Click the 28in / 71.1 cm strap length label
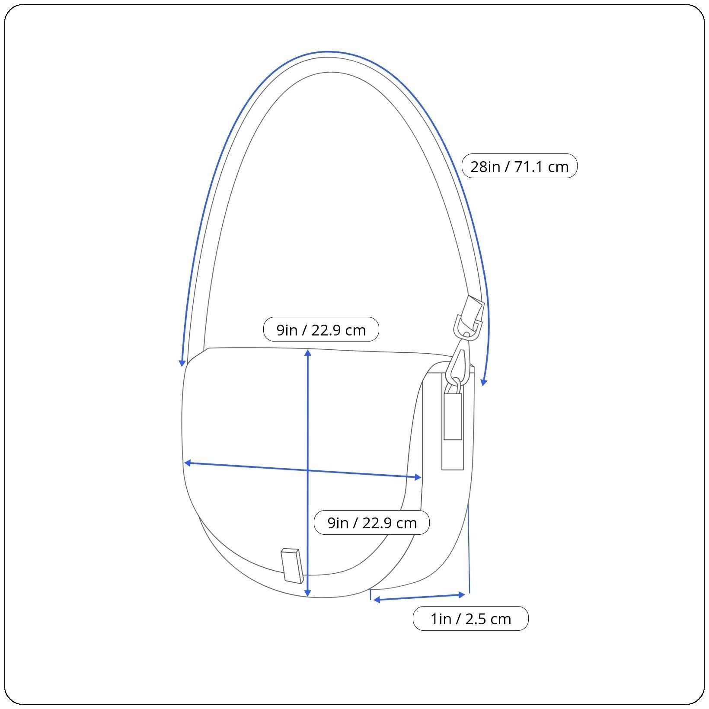[x=519, y=166]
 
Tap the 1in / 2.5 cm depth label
[x=470, y=619]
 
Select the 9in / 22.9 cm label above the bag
[x=321, y=329]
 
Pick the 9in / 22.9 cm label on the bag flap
[x=372, y=522]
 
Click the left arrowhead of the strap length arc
[x=182, y=363]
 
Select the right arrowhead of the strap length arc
[x=484, y=382]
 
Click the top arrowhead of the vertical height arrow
[x=307, y=352]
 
